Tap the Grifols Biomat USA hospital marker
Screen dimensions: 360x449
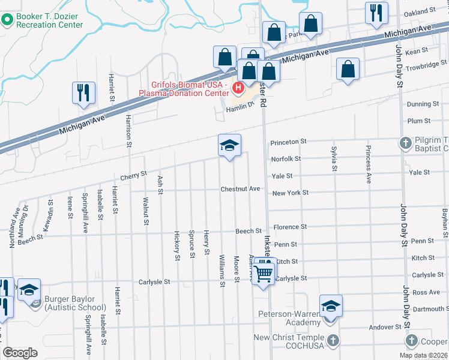click(x=238, y=89)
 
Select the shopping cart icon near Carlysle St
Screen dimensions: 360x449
click(x=264, y=274)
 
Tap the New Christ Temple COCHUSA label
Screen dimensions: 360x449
click(x=289, y=341)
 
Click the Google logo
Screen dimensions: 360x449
click(x=20, y=353)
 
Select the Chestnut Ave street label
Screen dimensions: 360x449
click(x=240, y=189)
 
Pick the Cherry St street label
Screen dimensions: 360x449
click(x=133, y=175)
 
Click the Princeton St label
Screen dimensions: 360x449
click(x=289, y=142)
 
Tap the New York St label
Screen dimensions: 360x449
click(x=290, y=193)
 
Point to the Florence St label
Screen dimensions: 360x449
click(x=290, y=227)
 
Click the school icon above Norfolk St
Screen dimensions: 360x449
click(x=229, y=146)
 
